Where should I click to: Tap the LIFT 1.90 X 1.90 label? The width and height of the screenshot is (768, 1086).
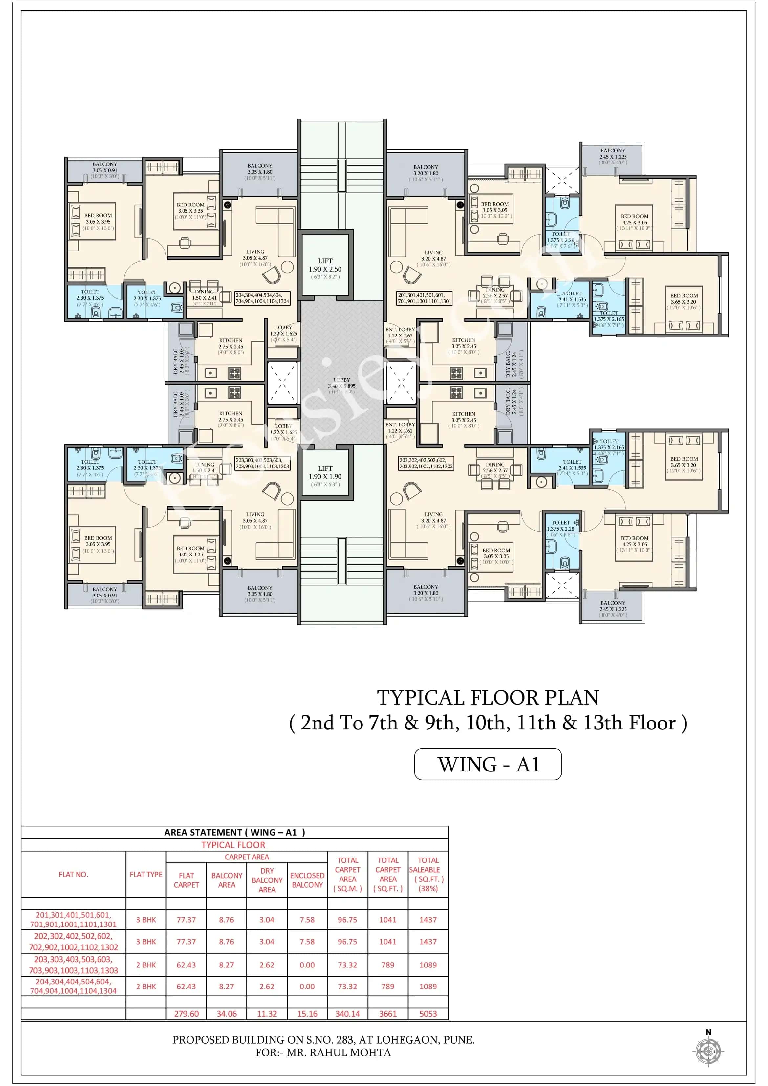pos(325,476)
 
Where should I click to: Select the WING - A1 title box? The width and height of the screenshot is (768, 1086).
pos(488,764)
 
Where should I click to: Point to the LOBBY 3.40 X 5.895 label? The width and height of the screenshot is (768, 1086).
pos(342,383)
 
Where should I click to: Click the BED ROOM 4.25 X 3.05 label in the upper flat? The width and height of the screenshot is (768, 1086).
pos(634,222)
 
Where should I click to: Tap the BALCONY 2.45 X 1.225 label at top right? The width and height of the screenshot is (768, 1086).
pos(613,156)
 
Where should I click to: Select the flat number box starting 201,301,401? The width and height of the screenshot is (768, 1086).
pos(425,298)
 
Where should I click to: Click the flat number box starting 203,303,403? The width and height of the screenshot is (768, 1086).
pos(262,463)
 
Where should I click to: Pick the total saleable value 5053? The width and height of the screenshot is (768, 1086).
pos(428,1014)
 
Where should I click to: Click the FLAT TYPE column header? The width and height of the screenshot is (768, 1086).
pos(146,874)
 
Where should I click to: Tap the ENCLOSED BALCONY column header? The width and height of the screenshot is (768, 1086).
pos(307,880)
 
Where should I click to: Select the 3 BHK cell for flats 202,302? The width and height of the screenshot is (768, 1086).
pos(146,941)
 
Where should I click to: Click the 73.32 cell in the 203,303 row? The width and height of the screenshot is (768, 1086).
pos(347,965)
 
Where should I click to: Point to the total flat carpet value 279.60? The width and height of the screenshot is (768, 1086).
pos(186,1014)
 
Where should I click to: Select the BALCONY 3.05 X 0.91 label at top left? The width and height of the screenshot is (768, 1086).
pos(104,170)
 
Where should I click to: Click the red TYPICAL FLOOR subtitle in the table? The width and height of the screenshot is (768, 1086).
pos(233,845)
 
